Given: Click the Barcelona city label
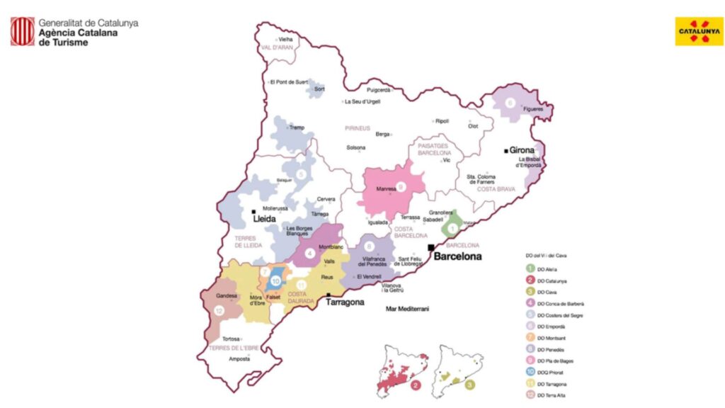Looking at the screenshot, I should [x=457, y=256].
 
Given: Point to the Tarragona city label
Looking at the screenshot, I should [x=345, y=302].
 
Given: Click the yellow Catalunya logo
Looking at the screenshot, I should [x=699, y=31].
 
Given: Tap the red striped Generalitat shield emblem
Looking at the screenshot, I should [x=22, y=32].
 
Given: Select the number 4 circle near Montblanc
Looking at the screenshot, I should [x=309, y=252].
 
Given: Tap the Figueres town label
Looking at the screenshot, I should [x=532, y=108].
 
